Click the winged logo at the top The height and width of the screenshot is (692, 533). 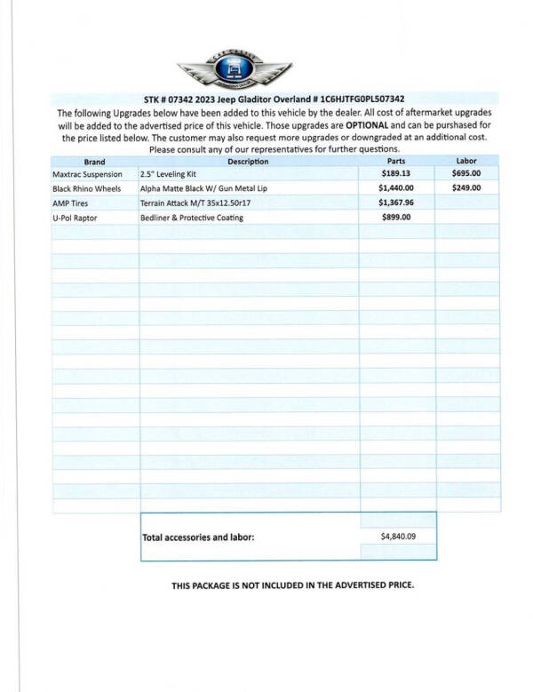(x=235, y=69)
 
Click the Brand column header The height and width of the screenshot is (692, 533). (x=94, y=162)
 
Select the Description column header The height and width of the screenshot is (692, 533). (x=248, y=162)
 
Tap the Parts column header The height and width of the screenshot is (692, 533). (x=397, y=162)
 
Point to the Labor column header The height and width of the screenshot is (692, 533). (x=466, y=161)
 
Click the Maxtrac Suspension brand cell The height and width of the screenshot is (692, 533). (x=87, y=174)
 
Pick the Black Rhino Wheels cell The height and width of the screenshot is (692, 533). (x=87, y=188)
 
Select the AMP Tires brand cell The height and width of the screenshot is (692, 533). (x=71, y=203)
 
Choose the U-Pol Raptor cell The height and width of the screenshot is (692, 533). (x=76, y=218)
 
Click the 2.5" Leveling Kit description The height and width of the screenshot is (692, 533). (x=170, y=174)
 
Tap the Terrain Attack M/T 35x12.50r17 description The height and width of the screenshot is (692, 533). (x=195, y=203)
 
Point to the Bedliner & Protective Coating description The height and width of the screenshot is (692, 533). (x=191, y=218)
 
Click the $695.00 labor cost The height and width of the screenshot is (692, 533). (x=465, y=174)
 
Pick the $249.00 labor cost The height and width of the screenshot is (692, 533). (x=465, y=188)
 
